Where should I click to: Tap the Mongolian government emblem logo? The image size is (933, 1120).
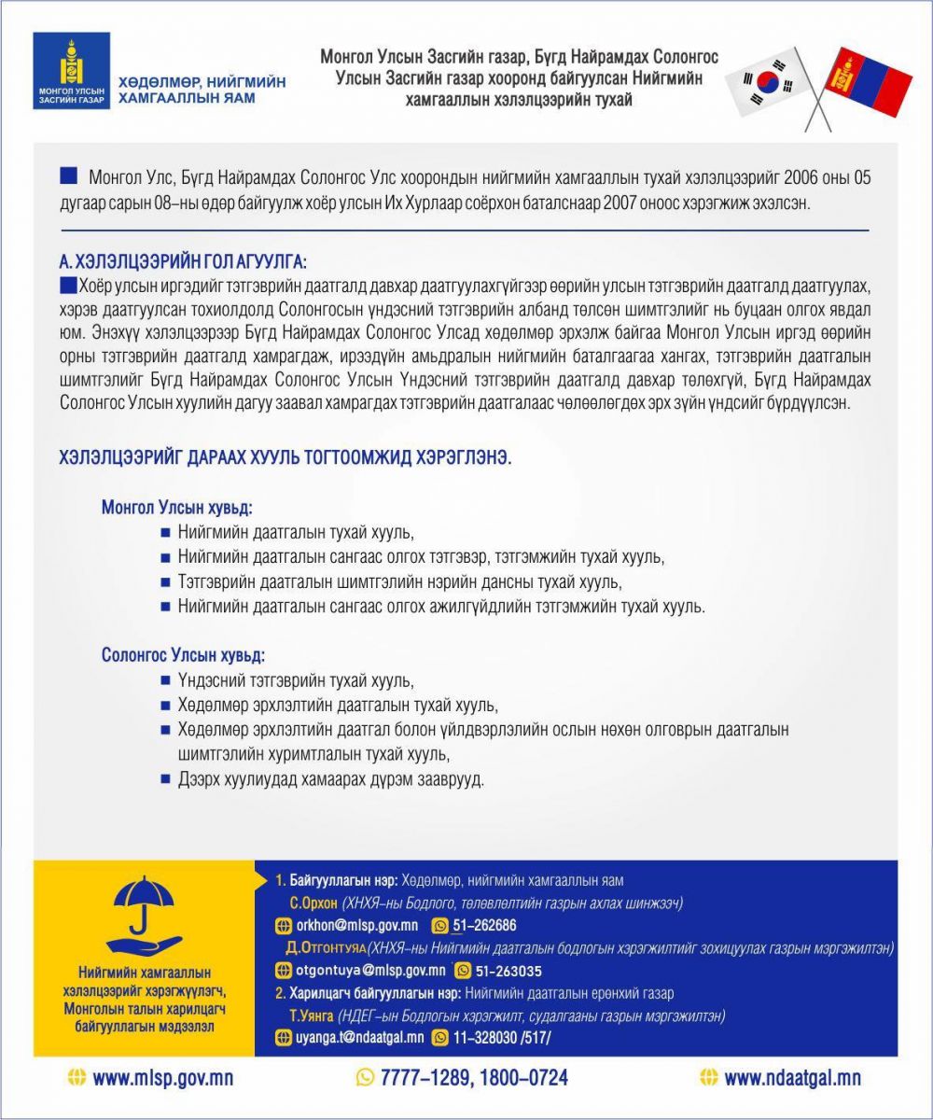70,72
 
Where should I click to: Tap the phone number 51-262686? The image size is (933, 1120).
484,925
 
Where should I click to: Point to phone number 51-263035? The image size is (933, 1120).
509,970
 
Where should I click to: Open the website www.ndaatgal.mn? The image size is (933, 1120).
792,1078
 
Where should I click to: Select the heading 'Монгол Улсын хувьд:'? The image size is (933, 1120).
177,509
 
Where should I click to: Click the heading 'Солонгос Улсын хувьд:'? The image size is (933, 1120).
183,655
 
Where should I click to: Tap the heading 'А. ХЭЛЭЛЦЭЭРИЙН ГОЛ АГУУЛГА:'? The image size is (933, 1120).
182,259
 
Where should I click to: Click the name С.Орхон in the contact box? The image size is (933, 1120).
313,903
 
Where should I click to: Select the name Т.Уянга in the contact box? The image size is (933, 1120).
312,1015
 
